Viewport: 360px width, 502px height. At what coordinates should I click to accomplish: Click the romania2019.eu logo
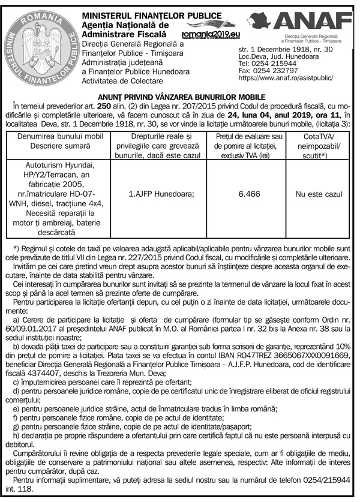tap(208, 35)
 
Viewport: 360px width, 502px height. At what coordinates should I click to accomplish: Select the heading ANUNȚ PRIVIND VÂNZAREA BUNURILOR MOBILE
tap(180, 97)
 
